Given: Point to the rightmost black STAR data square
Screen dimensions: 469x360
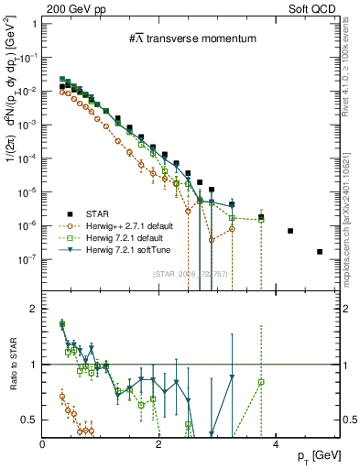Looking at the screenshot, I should (320, 251).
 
